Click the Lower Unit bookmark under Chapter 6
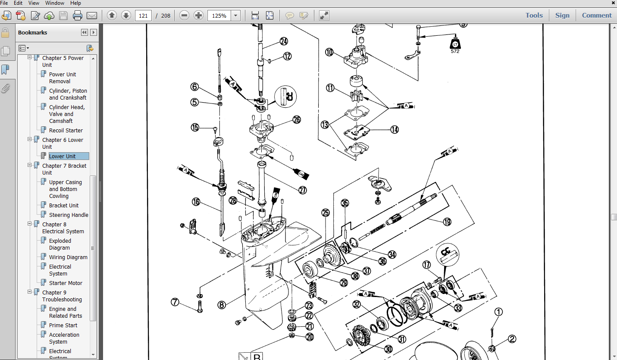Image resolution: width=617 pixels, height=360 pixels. [x=63, y=156]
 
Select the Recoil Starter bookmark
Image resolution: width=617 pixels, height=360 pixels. [x=66, y=130]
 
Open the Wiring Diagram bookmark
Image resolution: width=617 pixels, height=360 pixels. [x=68, y=257]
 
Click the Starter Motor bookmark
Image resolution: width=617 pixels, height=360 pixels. [x=66, y=283]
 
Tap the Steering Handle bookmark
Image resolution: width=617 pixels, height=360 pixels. [x=69, y=215]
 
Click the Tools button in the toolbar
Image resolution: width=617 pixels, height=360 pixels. [x=534, y=15]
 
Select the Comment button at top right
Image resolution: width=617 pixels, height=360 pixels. [x=597, y=15]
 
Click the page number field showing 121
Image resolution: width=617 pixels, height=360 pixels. [x=144, y=16]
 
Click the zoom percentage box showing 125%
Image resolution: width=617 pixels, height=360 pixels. [x=219, y=16]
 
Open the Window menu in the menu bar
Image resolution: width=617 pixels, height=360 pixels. [x=55, y=3]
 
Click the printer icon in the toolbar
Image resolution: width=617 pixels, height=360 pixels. [x=78, y=16]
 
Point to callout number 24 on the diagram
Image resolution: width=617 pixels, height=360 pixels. [x=283, y=41]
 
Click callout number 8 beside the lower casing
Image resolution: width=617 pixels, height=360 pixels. [x=222, y=305]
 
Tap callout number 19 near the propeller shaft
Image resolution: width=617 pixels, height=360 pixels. [x=447, y=222]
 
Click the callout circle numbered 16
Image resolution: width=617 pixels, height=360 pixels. [x=196, y=201]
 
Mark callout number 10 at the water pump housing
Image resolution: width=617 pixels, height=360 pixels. [x=329, y=52]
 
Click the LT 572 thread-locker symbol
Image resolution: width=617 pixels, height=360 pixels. [x=455, y=44]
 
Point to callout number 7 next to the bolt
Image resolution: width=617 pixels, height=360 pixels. [x=175, y=302]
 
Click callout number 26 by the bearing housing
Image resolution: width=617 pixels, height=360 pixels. [x=297, y=120]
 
